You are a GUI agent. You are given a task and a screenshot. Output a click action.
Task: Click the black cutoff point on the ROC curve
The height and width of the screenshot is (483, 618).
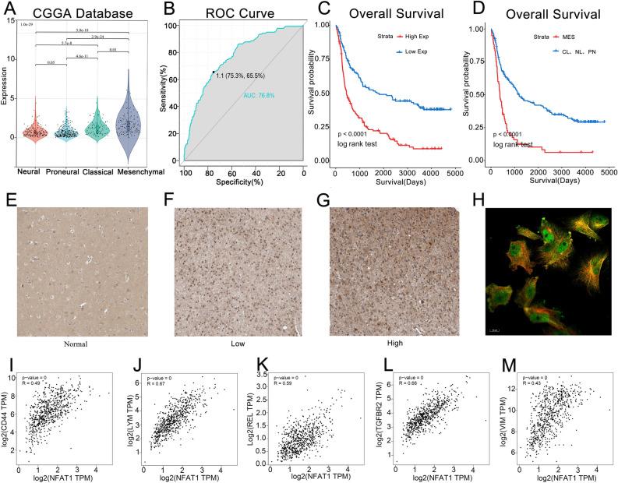tap(213, 72)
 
